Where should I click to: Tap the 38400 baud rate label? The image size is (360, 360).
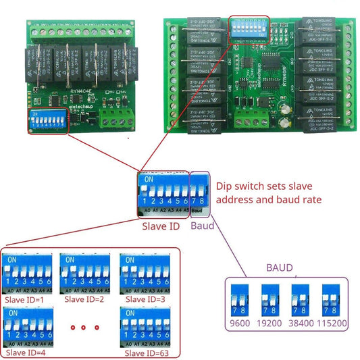(301, 323)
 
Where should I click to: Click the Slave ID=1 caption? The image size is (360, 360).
(24, 299)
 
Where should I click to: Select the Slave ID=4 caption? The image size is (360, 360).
(25, 353)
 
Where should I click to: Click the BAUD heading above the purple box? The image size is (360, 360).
(280, 268)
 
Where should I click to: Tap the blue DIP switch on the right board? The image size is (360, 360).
(249, 30)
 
